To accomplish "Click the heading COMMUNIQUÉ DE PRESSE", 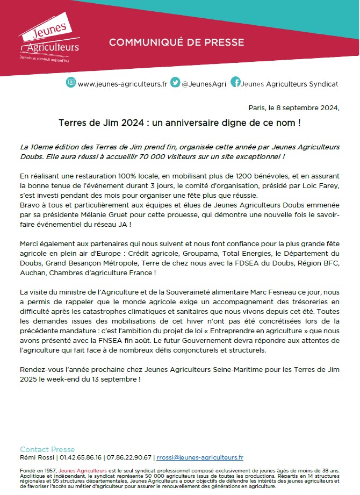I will [x=176, y=42].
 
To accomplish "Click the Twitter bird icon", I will [x=175, y=83].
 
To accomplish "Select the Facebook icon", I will [x=235, y=82].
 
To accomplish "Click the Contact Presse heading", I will [x=47, y=449].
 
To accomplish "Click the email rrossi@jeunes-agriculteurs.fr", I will [x=200, y=458].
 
